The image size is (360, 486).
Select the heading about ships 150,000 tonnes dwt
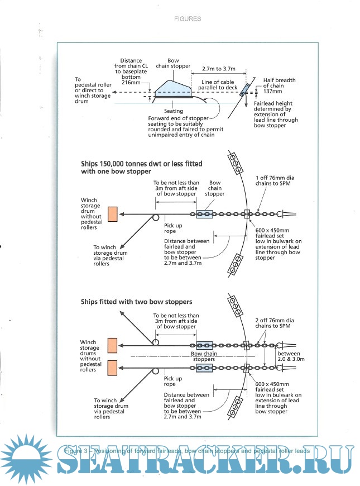tap(141, 167)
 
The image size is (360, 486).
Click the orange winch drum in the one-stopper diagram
tap(112, 214)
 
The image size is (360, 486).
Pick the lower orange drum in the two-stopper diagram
tap(112, 368)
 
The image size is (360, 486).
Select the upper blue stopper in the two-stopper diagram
tap(204, 346)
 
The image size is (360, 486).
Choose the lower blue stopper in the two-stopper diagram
tap(204, 368)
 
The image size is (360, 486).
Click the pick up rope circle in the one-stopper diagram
tap(156, 217)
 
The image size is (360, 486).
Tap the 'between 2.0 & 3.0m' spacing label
tap(289, 357)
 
